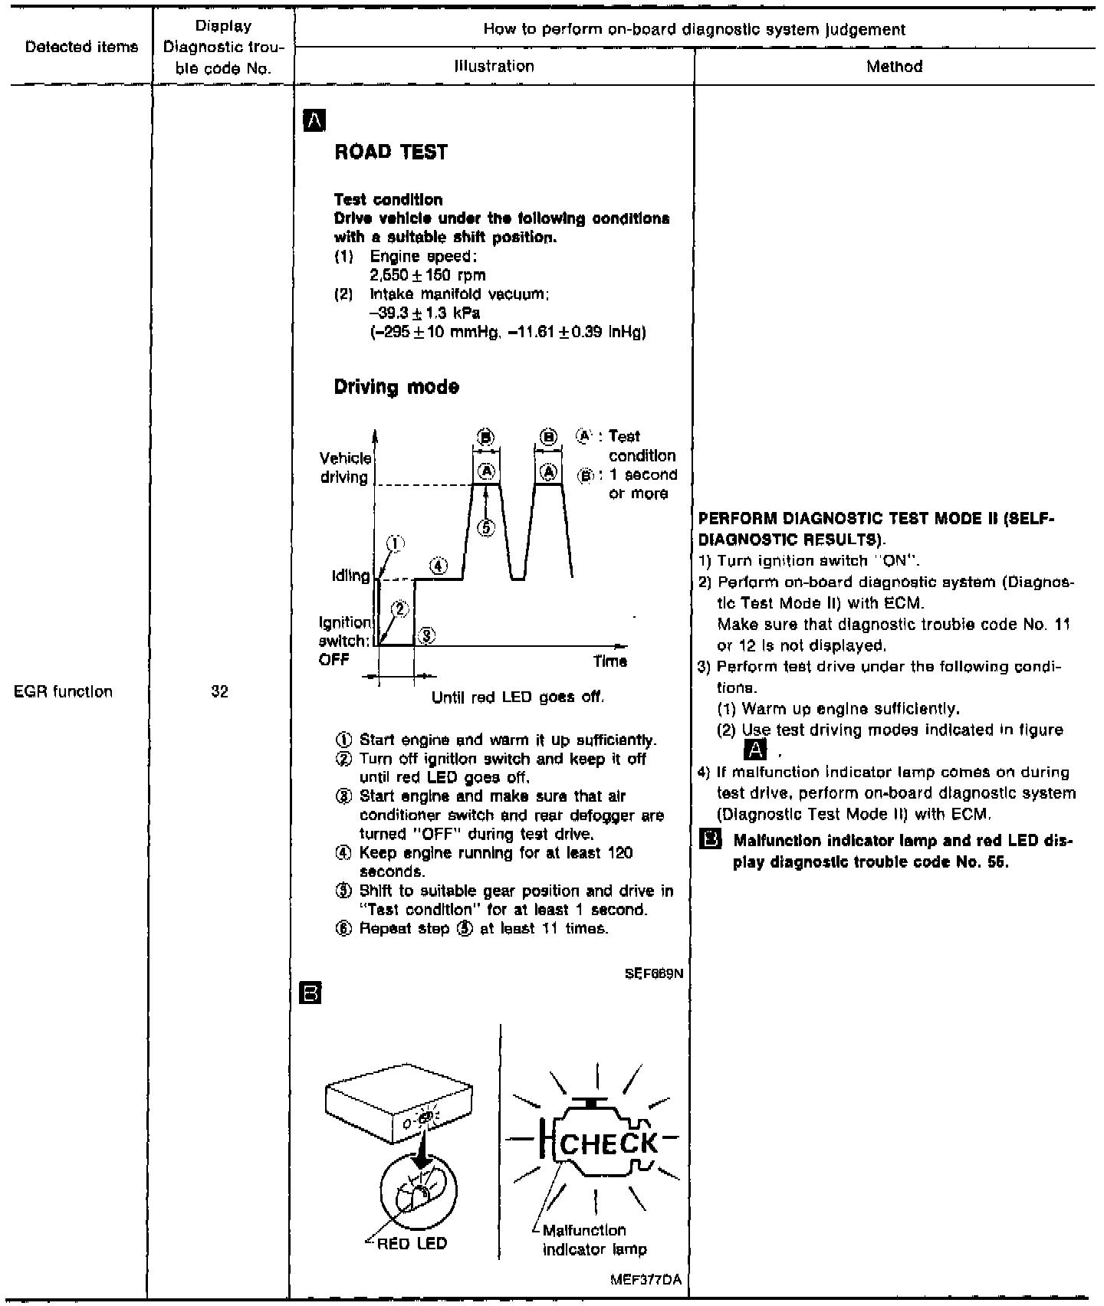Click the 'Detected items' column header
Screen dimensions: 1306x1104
pyautogui.click(x=82, y=47)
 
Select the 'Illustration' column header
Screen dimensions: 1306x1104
pyautogui.click(x=494, y=67)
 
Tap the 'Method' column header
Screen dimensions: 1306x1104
pyautogui.click(x=894, y=67)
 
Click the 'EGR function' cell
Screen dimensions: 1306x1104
pyautogui.click(x=64, y=691)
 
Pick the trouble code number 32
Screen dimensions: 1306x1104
pyautogui.click(x=219, y=691)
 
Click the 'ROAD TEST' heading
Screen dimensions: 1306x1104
pyautogui.click(x=391, y=152)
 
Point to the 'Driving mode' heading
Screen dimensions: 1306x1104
pyautogui.click(x=396, y=387)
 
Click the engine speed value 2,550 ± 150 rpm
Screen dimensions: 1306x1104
pyautogui.click(x=427, y=275)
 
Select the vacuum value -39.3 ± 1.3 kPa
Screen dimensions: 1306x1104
pyautogui.click(x=425, y=313)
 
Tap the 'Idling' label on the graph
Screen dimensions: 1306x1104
pyautogui.click(x=350, y=576)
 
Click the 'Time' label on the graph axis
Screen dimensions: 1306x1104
pyautogui.click(x=609, y=661)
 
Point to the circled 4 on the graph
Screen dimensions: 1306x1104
pyautogui.click(x=438, y=566)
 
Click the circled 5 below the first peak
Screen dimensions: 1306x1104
pyautogui.click(x=486, y=527)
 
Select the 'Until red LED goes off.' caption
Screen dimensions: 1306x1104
pyautogui.click(x=518, y=698)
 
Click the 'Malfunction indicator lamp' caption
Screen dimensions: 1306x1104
pyautogui.click(x=594, y=1239)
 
